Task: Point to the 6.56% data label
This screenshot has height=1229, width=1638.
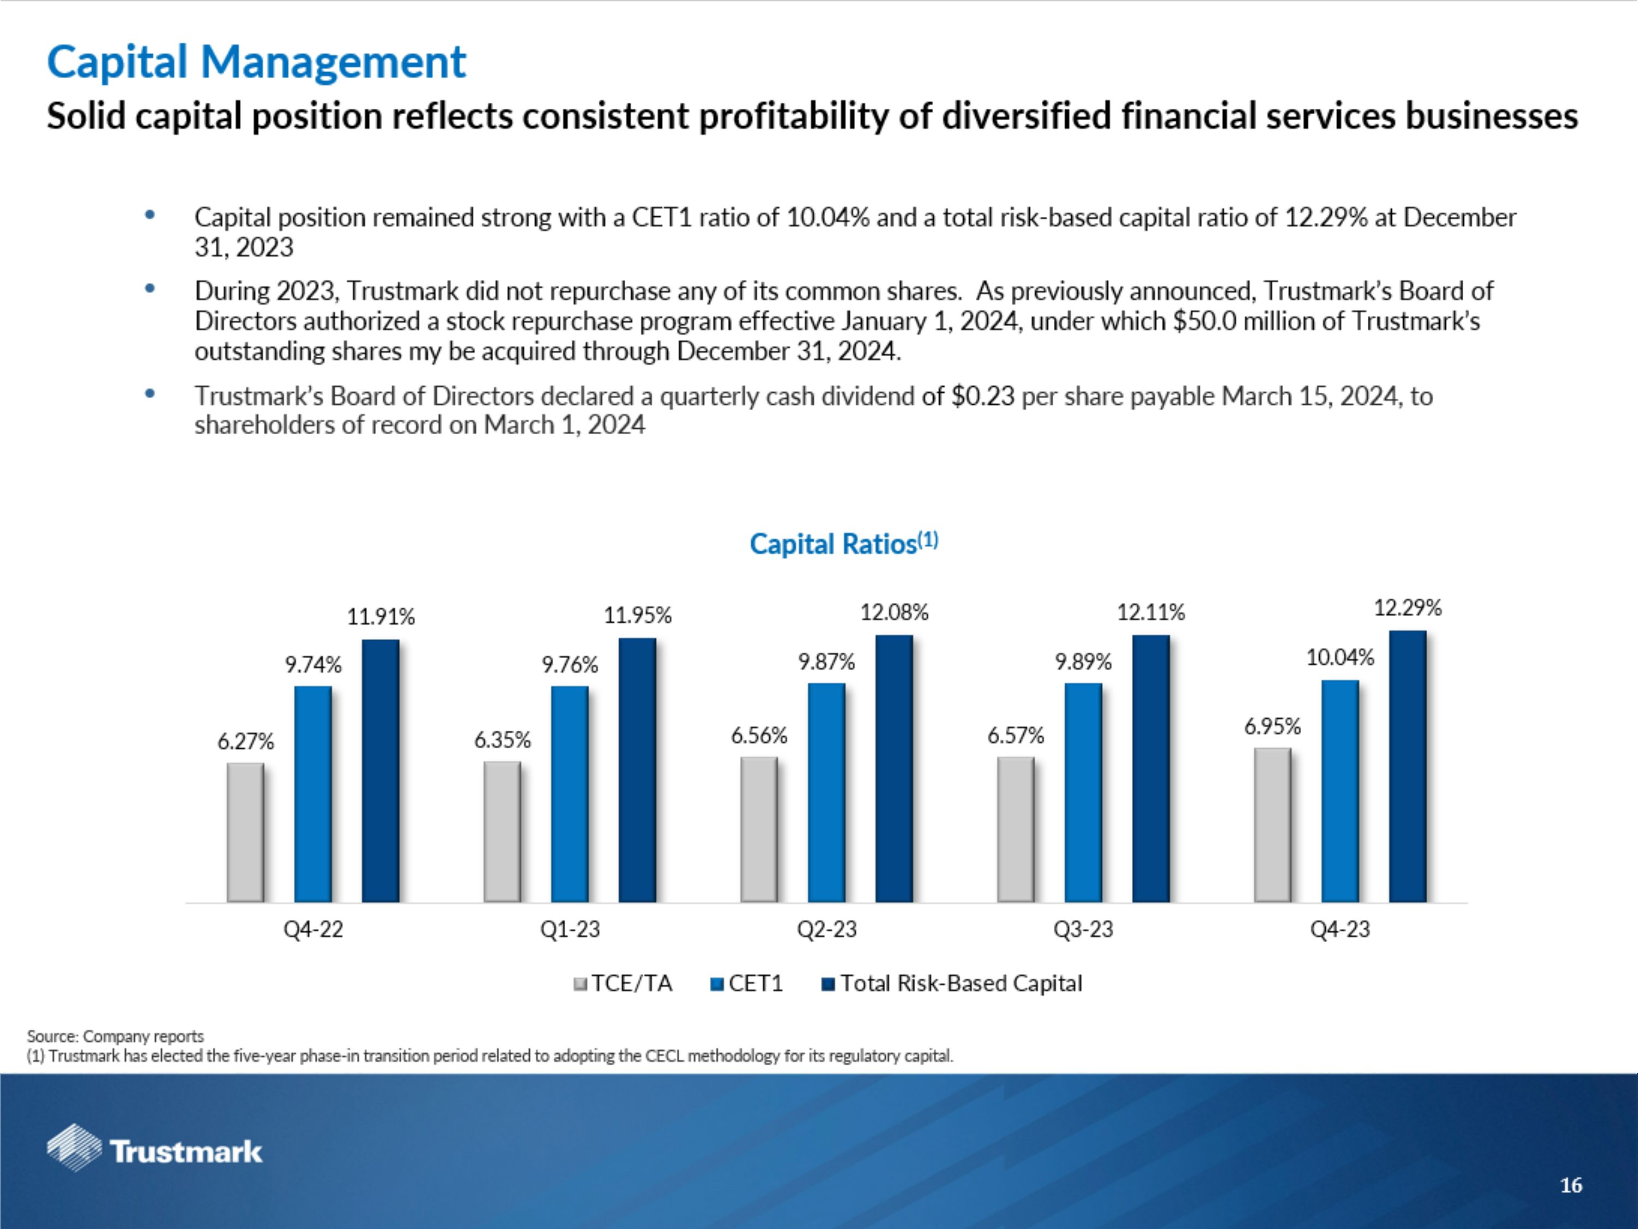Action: [759, 736]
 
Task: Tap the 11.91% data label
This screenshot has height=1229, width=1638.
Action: [381, 616]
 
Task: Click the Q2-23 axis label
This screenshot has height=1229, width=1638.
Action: [827, 929]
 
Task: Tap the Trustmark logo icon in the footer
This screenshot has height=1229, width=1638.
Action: [74, 1148]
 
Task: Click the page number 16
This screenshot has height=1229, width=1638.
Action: [1571, 1185]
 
